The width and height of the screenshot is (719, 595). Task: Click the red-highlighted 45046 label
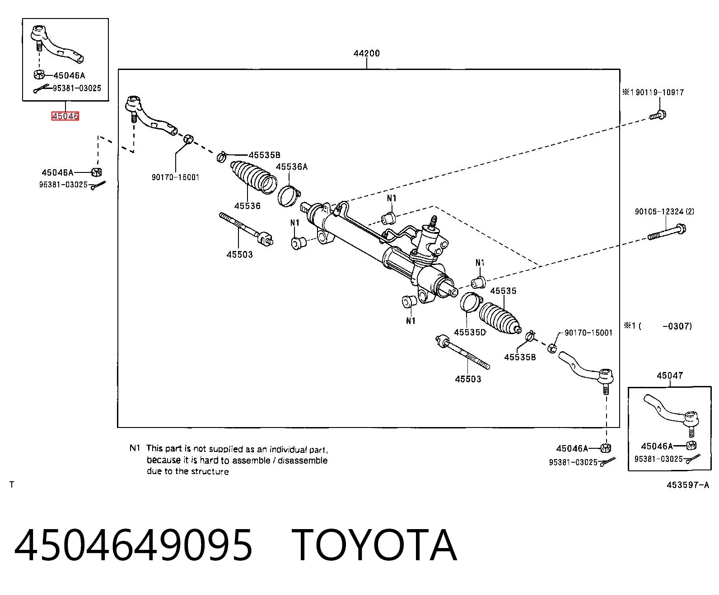[x=65, y=116]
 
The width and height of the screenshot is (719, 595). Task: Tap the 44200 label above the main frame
[x=366, y=53]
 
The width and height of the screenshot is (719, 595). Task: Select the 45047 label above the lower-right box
[x=670, y=375]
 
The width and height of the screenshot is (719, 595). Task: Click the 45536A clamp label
[x=292, y=167]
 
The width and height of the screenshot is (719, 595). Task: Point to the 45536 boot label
[x=247, y=206]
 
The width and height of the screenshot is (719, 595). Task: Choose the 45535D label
[x=470, y=332]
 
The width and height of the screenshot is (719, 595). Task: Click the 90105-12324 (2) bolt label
[x=664, y=211]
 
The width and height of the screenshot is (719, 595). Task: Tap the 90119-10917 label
[x=659, y=92]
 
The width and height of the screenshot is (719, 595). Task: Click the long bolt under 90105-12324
[x=667, y=232]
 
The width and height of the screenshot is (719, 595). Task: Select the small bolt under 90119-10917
[x=658, y=115]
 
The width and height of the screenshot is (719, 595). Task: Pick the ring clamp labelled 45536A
[x=289, y=195]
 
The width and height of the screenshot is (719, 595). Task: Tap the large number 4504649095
[x=134, y=545]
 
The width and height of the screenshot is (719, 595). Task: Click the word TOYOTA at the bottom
[x=374, y=545]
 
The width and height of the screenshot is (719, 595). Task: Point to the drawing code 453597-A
[x=688, y=485]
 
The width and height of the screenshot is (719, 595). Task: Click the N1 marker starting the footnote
[x=135, y=448]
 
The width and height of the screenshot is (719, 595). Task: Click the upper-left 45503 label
[x=240, y=255]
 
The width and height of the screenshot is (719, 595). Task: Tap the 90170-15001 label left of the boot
[x=175, y=177]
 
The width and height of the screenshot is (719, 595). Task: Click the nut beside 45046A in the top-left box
[x=39, y=74]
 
